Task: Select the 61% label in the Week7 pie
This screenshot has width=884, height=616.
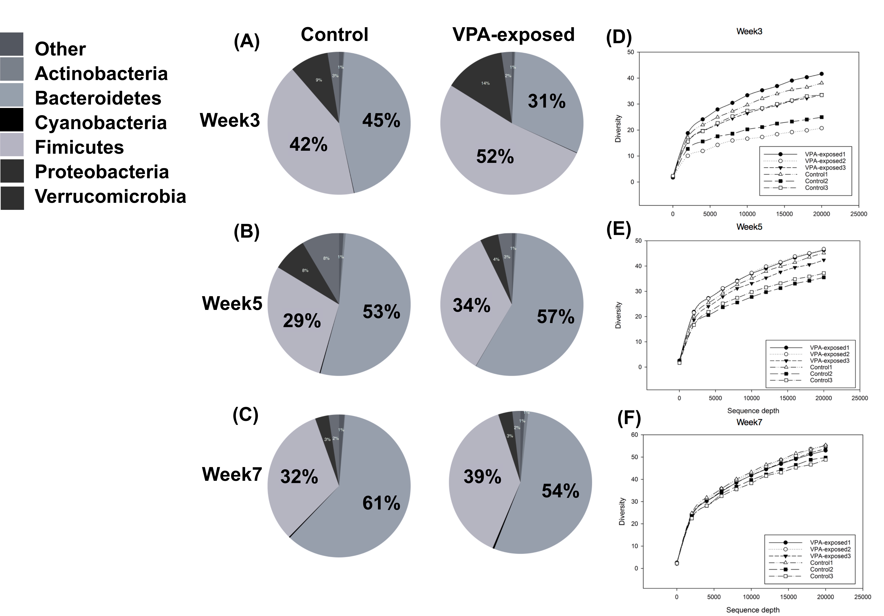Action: [381, 503]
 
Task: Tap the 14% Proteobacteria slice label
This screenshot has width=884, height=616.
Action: [485, 83]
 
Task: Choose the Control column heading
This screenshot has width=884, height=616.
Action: [334, 35]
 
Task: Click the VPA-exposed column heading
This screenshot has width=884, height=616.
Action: [513, 35]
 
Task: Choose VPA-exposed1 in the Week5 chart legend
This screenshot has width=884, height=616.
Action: [829, 348]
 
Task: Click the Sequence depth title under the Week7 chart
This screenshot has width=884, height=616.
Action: [753, 610]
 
